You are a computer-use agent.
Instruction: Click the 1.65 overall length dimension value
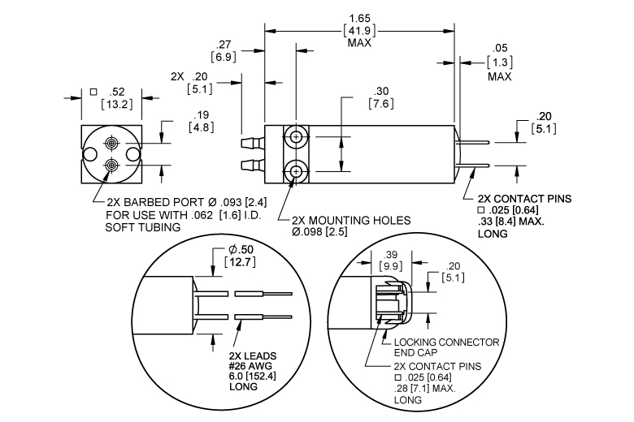359,19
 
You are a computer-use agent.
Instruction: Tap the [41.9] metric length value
359,30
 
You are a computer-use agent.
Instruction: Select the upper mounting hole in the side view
297,137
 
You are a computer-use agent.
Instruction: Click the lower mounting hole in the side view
297,171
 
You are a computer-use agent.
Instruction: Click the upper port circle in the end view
111,143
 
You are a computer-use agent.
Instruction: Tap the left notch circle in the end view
89,154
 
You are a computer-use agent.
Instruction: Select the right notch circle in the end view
132,154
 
